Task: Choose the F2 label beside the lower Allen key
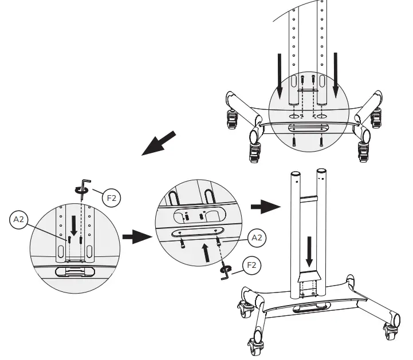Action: (251, 266)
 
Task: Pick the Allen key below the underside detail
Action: (226, 272)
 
